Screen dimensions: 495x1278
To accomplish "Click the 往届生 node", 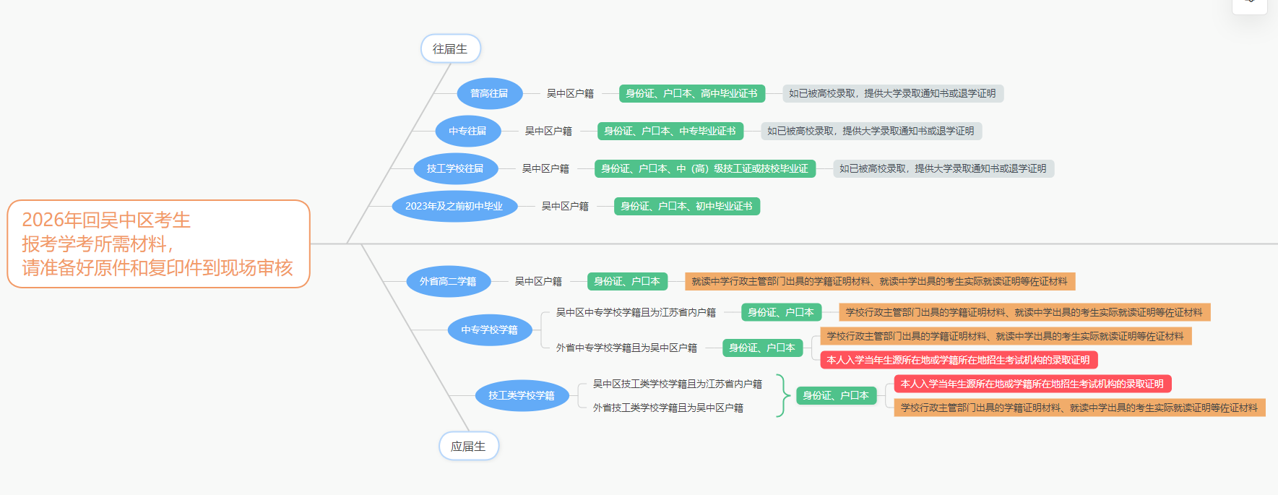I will coord(450,48).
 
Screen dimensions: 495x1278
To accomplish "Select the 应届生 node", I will coord(468,446).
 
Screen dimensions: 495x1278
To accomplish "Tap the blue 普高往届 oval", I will coord(489,93).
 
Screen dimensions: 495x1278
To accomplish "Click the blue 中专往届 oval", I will coord(467,131).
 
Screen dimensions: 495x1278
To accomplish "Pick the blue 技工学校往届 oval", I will coord(455,168).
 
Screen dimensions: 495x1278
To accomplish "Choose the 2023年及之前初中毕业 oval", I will coord(454,206).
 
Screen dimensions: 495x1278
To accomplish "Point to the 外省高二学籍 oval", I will coord(448,281).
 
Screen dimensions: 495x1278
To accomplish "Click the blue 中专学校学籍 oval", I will coord(489,330).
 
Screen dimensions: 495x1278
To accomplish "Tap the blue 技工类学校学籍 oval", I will coord(522,395).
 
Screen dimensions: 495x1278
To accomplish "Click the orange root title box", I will coord(158,244).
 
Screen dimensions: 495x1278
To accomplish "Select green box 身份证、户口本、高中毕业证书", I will coord(691,93).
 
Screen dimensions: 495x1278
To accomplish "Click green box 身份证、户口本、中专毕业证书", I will coord(670,131).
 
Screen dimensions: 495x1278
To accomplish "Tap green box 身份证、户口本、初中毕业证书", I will coord(686,206).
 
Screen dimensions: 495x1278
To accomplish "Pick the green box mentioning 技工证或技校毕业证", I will coord(704,168).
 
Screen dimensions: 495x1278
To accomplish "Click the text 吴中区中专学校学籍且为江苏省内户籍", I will coord(636,312).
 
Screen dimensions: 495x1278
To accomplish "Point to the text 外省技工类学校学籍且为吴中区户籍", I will coord(668,408).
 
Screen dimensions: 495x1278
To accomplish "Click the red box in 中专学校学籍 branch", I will coord(958,360).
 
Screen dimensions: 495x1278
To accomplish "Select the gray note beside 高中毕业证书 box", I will coord(892,93).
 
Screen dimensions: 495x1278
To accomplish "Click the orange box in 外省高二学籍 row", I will coord(879,281).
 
